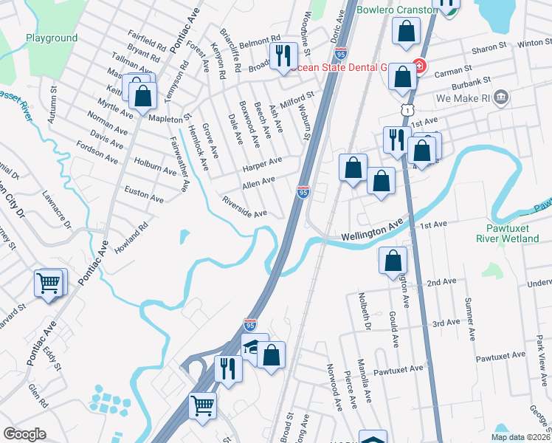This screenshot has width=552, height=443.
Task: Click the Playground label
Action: pos(51,38)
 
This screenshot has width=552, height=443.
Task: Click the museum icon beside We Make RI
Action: pos(501,97)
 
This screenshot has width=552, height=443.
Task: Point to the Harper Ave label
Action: pos(262,162)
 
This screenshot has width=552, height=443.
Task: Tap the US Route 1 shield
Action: pos(406,109)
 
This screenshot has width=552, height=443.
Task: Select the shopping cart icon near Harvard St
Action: pos(49,282)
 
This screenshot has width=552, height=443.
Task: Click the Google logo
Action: pos(24,434)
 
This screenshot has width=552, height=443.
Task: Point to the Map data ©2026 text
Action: pos(520,437)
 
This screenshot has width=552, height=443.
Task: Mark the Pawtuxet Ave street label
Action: pos(398,368)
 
